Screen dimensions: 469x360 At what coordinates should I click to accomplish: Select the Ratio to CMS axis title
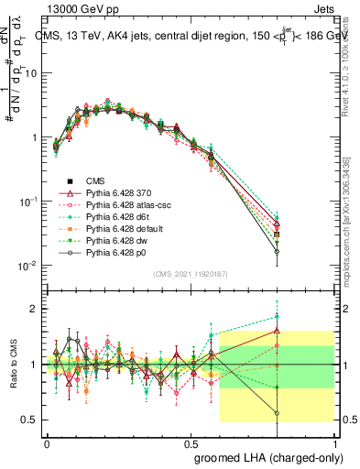click(x=13, y=366)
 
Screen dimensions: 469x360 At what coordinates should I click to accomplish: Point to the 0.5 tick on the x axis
click(x=191, y=441)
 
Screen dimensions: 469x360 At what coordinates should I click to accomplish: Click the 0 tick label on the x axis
click(x=47, y=441)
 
